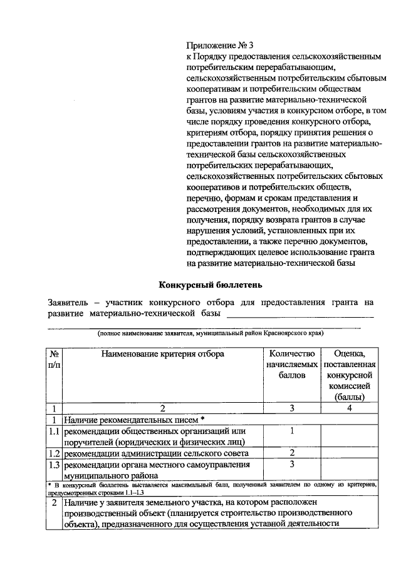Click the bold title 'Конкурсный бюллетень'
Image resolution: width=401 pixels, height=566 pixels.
pyautogui.click(x=206, y=284)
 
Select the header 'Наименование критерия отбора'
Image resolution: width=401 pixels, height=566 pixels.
pyautogui.click(x=162, y=353)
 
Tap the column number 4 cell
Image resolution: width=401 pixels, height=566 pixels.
pyautogui.click(x=350, y=408)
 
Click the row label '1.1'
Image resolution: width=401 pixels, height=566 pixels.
pyautogui.click(x=55, y=431)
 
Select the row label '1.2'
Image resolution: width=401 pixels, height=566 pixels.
pyautogui.click(x=55, y=453)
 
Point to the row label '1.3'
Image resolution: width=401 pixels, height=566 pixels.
pyautogui.click(x=55, y=465)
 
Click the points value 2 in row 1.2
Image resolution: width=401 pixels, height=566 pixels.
pyautogui.click(x=292, y=453)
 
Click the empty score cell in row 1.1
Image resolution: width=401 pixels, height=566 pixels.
pyautogui.click(x=350, y=436)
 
